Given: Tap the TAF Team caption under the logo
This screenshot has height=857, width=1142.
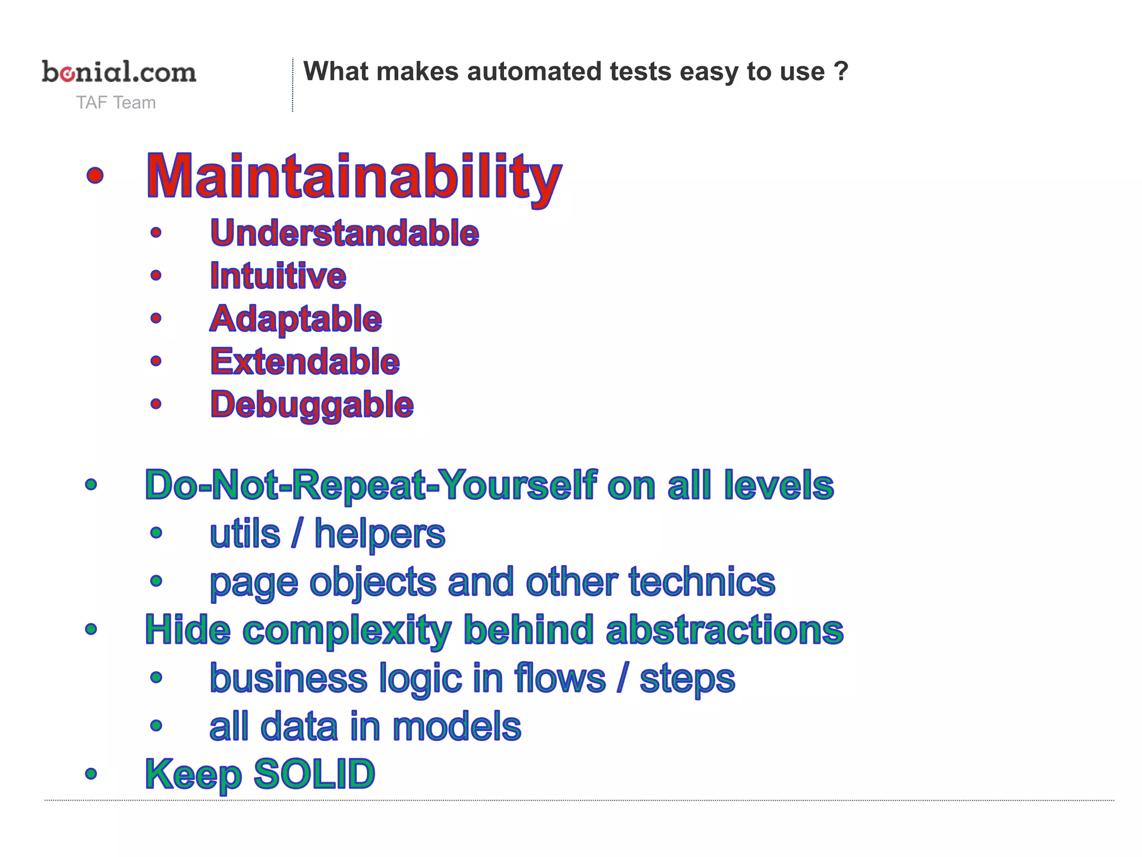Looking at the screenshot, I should [x=116, y=103].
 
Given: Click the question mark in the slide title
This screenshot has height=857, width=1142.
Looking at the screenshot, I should [x=841, y=71].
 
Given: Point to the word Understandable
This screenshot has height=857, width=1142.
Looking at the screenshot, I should [x=345, y=233].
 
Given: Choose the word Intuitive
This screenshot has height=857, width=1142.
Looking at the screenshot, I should [x=278, y=276].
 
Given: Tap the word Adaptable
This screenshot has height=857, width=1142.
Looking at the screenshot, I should [x=296, y=319].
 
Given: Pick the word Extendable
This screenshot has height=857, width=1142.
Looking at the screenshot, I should [x=304, y=362].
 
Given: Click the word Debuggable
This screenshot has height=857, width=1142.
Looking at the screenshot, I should [x=312, y=405].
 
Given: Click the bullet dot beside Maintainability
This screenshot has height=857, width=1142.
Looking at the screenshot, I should [x=95, y=175].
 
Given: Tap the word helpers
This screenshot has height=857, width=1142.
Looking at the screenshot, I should [x=380, y=534].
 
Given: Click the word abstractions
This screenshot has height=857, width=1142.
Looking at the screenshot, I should [x=724, y=630].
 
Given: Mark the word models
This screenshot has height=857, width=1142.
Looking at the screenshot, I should [x=457, y=726].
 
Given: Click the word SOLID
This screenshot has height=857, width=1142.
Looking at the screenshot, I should [x=314, y=774].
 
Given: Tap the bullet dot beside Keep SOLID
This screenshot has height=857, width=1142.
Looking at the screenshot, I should [x=91, y=774].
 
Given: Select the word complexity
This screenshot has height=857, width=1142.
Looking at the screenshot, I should [x=347, y=630].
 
